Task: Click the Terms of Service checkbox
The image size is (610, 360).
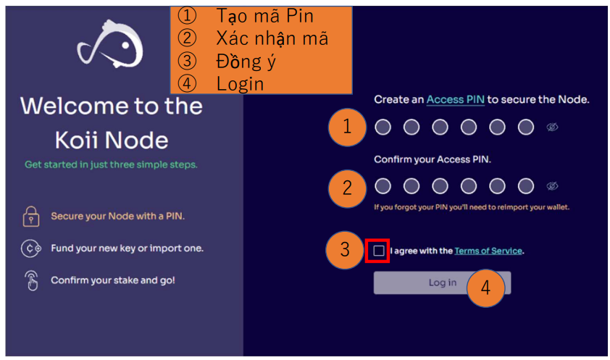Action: [x=378, y=251]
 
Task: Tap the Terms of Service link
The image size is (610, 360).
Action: [x=488, y=251]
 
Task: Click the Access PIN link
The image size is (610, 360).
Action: [x=456, y=99]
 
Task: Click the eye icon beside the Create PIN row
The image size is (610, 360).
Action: [x=552, y=127]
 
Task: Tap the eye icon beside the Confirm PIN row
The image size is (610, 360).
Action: [x=552, y=186]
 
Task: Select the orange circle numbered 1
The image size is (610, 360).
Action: [x=347, y=127]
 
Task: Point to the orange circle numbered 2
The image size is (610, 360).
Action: [x=347, y=188]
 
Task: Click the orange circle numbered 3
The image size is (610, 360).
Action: [x=345, y=250]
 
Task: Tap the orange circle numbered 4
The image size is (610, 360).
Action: [x=485, y=288]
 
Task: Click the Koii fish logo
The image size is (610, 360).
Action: [x=111, y=44]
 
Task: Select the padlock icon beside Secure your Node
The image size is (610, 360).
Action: [x=31, y=216]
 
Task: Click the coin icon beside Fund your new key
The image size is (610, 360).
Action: [x=31, y=248]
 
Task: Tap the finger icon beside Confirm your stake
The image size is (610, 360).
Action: [x=32, y=280]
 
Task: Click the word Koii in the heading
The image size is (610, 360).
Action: [x=77, y=140]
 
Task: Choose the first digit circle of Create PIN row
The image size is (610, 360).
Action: [x=383, y=127]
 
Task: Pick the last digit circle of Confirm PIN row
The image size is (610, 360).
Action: [x=526, y=186]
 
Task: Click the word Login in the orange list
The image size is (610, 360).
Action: [x=240, y=84]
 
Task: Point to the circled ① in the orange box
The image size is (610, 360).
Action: [x=187, y=15]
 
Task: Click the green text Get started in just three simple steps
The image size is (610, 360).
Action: [x=111, y=164]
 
